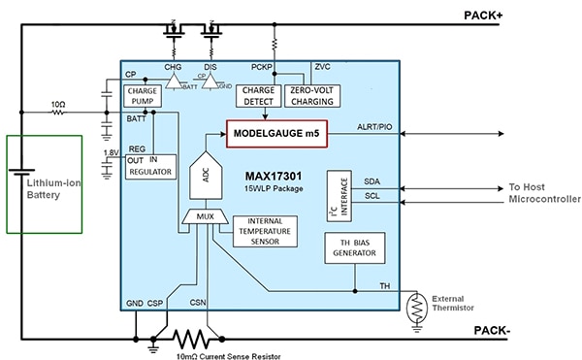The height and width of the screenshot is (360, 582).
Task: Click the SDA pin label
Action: [372, 181]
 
